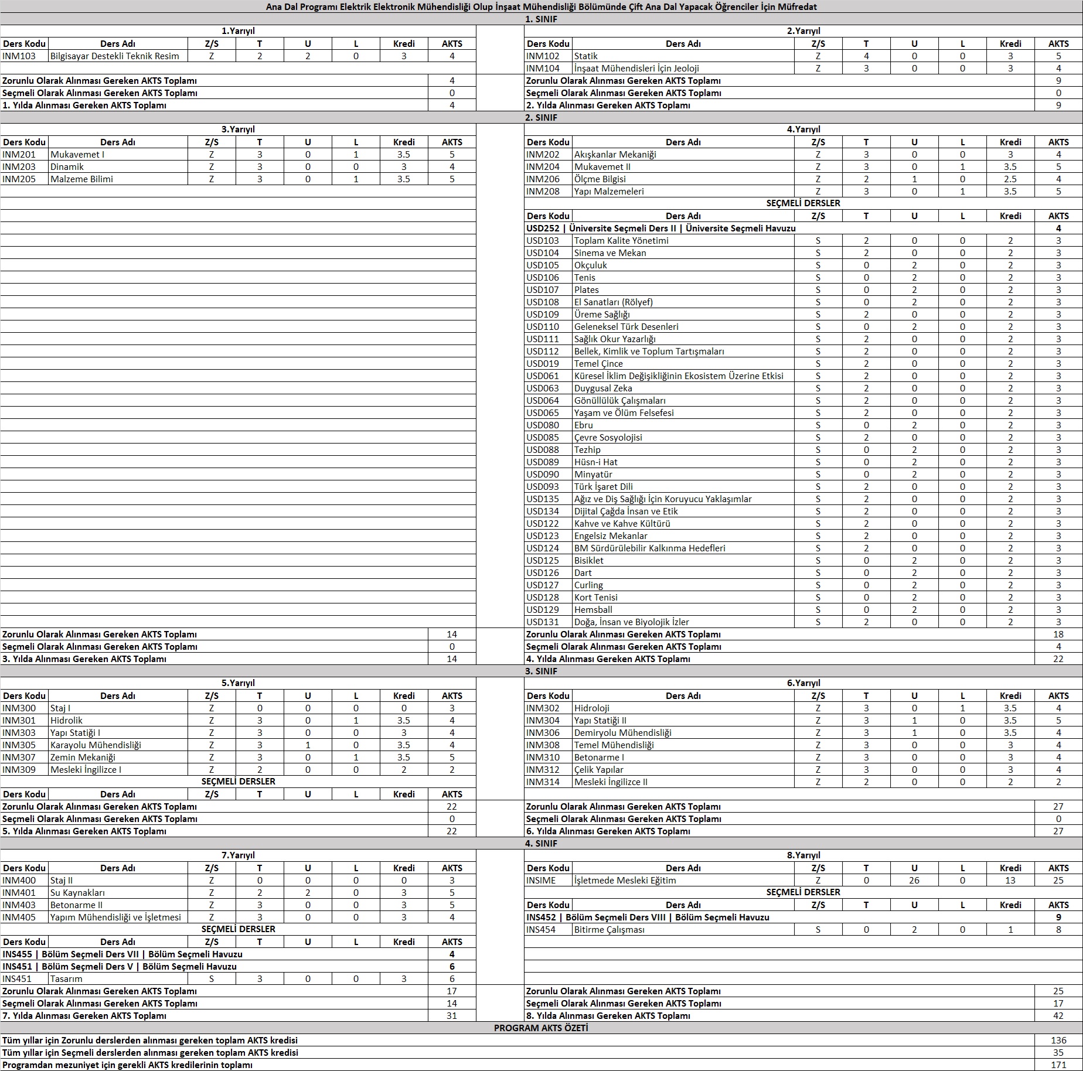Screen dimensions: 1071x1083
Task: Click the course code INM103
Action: [19, 56]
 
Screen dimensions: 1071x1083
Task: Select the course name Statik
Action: [586, 56]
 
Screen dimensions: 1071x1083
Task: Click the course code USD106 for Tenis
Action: [543, 278]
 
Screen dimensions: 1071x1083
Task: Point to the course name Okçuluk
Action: [591, 265]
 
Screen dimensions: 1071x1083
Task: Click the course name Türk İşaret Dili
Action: [603, 487]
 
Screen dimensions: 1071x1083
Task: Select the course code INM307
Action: [19, 758]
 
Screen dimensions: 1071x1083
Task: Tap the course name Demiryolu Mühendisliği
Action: [622, 733]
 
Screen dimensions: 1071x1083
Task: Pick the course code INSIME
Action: [541, 881]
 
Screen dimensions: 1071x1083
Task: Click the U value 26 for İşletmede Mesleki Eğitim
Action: [914, 881]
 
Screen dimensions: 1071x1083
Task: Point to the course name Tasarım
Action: [66, 979]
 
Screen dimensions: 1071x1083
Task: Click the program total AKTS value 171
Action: [1058, 1065]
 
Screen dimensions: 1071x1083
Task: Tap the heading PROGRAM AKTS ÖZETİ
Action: [541, 1028]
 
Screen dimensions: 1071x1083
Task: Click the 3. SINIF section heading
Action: [541, 671]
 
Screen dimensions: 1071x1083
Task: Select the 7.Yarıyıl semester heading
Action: [238, 855]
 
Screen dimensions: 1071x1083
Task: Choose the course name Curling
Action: [588, 585]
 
